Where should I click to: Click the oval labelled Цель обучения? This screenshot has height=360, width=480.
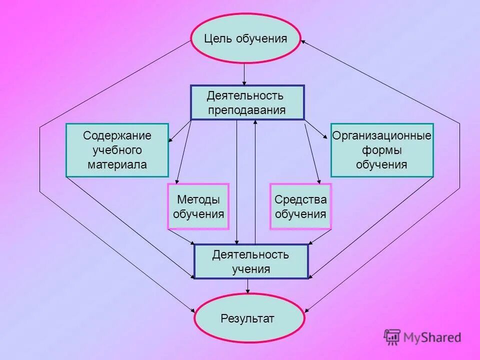(245, 38)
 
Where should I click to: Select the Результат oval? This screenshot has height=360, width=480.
(248, 318)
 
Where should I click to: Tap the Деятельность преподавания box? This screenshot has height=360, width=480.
(247, 102)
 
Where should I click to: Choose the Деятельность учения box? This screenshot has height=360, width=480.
(251, 261)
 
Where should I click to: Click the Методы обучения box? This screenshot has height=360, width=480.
(198, 206)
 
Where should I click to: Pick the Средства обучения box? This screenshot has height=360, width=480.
(300, 206)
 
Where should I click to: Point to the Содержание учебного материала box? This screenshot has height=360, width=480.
(117, 150)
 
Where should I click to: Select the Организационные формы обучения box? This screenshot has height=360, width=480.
(381, 150)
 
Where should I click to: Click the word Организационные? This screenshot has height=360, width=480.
(381, 136)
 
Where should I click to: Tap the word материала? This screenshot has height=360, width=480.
(117, 164)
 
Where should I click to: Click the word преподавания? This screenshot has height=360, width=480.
(247, 110)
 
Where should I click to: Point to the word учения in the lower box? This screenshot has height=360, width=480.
(251, 269)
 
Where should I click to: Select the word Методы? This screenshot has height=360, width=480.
(198, 199)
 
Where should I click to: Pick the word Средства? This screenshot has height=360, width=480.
(300, 199)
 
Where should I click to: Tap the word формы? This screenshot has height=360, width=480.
(381, 150)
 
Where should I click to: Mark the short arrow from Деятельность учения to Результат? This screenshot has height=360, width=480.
(248, 286)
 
